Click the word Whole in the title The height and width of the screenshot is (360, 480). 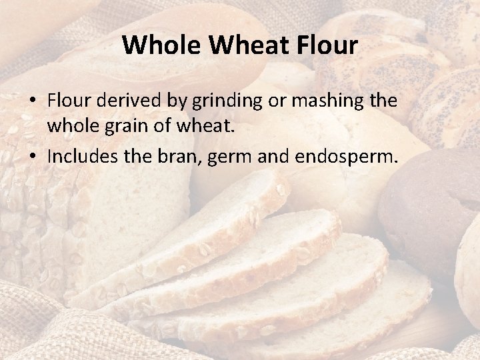coord(152,45)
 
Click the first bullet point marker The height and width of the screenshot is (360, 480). coord(32,101)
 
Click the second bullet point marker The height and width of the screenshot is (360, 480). coord(32,157)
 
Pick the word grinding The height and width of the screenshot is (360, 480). coord(217,101)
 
